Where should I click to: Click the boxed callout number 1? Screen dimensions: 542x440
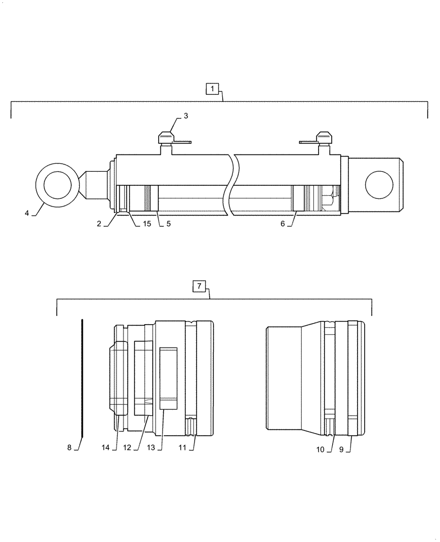point(212,88)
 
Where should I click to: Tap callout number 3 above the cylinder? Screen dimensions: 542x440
point(185,116)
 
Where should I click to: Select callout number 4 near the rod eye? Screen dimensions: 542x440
point(26,214)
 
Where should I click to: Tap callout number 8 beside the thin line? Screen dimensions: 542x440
point(69,448)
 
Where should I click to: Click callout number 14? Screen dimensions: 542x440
point(106,448)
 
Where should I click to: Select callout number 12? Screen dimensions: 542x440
point(127,448)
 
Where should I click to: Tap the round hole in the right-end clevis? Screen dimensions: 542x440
point(378,184)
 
